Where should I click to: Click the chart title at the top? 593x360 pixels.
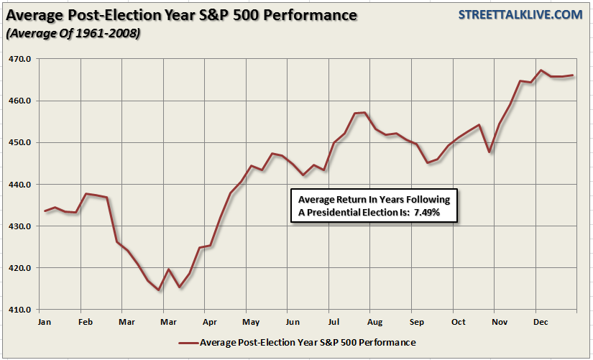[183, 15]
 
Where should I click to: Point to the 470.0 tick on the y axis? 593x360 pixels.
[20, 59]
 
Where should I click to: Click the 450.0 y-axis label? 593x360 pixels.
[20, 142]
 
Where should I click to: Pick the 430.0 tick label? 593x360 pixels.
[20, 226]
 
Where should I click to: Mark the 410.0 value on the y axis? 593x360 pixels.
[20, 310]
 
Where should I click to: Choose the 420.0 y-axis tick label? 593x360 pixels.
[20, 268]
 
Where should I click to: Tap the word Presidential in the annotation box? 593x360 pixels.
[343, 213]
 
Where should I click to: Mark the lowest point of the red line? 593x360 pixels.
[159, 290]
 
